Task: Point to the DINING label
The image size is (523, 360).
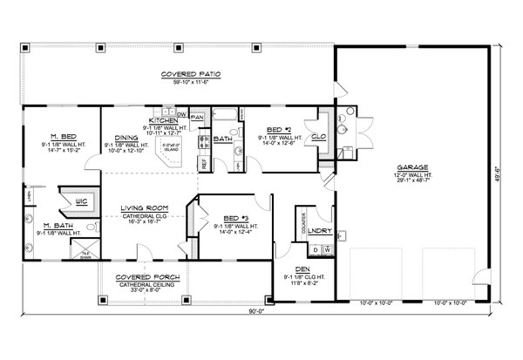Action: point(128,138)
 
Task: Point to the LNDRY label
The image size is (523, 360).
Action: point(317,230)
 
